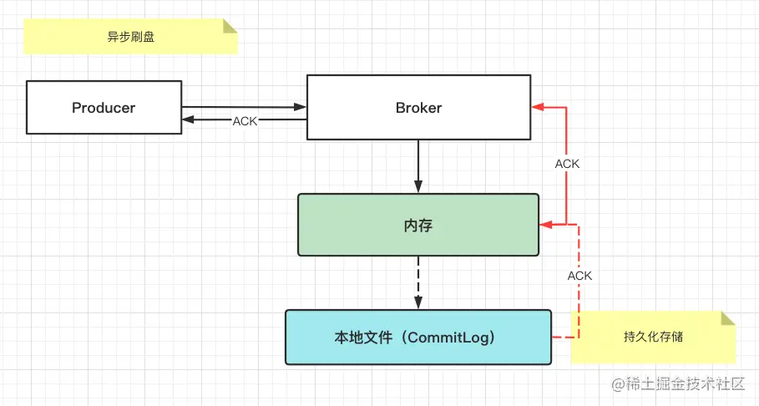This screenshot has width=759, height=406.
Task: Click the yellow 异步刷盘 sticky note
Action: pos(130,37)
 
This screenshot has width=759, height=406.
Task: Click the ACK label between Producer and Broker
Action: pos(245,121)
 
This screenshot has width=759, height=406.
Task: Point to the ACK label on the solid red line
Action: pos(567,164)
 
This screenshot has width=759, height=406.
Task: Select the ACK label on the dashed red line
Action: pos(579,276)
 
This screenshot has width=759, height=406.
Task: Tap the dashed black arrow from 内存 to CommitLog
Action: pos(418,282)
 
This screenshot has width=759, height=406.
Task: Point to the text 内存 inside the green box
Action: pos(418,225)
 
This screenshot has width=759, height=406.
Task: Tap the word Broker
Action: pos(418,107)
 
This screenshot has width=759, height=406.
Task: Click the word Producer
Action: pos(104,107)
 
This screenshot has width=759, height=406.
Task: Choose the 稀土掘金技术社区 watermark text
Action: pos(685,383)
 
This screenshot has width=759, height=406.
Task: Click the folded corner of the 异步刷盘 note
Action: pos(230,26)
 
